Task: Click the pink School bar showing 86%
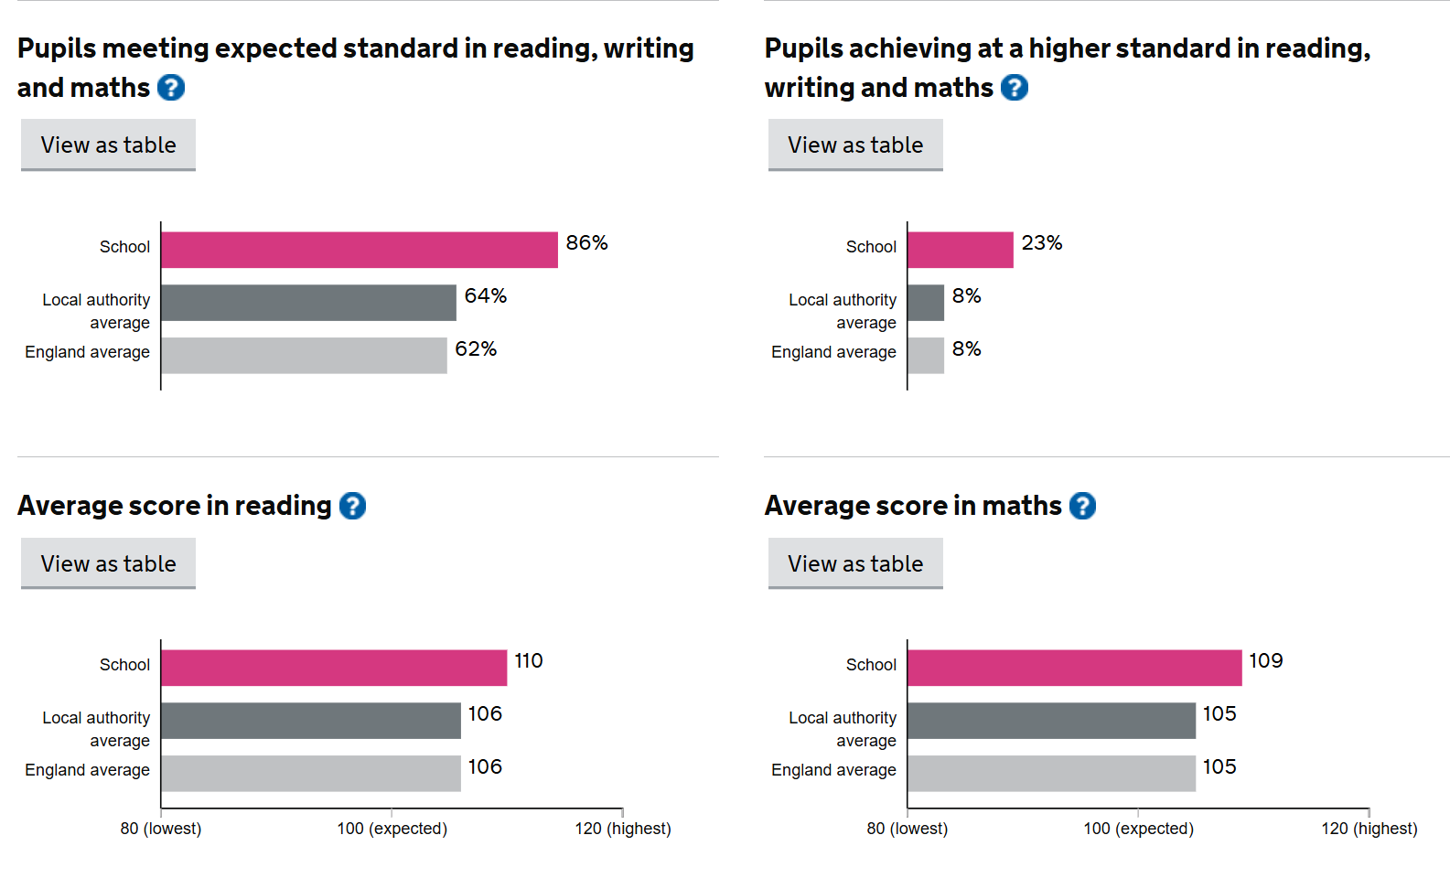point(359,250)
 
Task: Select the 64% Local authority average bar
point(308,303)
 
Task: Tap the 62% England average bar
point(304,356)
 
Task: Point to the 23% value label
point(1041,243)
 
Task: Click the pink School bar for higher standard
point(960,250)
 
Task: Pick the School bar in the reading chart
point(334,668)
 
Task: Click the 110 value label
point(528,661)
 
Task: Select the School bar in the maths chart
point(1074,668)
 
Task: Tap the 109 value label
point(1265,661)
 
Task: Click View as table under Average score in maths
point(855,563)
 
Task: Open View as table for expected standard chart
point(108,145)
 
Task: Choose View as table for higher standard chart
point(855,145)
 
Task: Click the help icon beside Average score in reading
point(352,506)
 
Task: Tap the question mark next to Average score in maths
point(1082,506)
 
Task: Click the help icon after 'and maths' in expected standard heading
point(171,88)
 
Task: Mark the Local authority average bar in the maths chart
point(1051,721)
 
